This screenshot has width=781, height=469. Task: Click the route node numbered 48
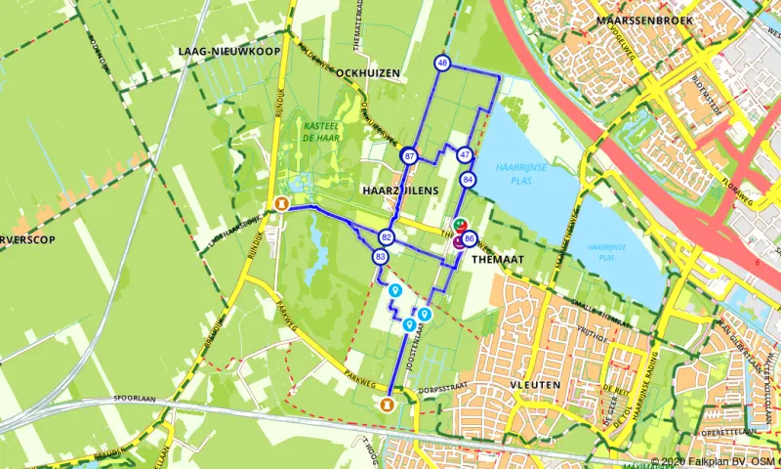pos(443,64)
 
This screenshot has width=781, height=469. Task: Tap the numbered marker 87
pos(409,156)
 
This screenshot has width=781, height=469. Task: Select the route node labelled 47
pos(465,154)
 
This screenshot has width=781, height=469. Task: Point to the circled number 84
pos(469,180)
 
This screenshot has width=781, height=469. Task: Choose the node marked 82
pos(388,237)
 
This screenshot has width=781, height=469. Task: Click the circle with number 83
pos(381,256)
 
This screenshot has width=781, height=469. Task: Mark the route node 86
pos(471,238)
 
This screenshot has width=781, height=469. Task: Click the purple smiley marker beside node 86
pos(458,243)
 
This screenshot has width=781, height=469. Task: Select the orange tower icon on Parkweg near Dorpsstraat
pos(390,402)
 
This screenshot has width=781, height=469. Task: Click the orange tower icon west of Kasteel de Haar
pos(281,205)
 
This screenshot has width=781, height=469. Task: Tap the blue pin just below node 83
pos(395,291)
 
